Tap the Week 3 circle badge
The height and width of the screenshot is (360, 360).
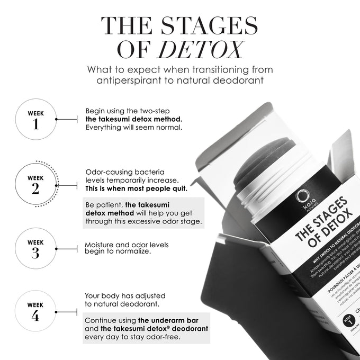click(35, 248)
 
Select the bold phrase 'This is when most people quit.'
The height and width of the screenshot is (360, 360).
click(136, 188)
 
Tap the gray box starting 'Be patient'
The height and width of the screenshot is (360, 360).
click(143, 213)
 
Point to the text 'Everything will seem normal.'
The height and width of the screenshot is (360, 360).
click(134, 128)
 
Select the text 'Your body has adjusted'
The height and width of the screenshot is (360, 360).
click(125, 295)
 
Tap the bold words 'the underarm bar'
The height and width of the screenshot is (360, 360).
click(164, 320)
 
